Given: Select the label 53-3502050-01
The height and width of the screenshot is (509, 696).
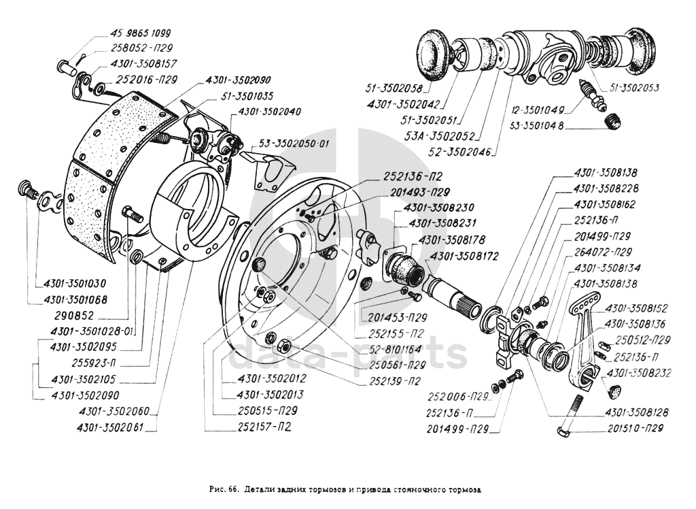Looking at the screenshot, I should click(x=293, y=144).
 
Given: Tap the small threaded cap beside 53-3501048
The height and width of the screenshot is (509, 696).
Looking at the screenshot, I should click(x=613, y=121).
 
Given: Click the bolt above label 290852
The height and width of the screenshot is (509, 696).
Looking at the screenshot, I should click(x=132, y=216).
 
